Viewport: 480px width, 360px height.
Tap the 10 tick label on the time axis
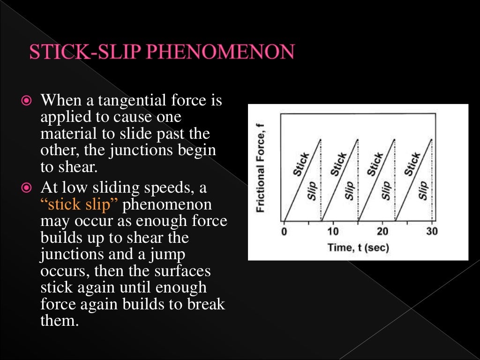point(332,232)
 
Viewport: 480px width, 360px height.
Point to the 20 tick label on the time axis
point(382,232)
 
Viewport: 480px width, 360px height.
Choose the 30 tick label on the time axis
point(432,232)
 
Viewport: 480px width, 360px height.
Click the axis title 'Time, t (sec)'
point(358,247)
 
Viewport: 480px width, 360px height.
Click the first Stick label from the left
point(301,165)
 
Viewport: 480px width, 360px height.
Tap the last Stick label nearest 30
point(412,165)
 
